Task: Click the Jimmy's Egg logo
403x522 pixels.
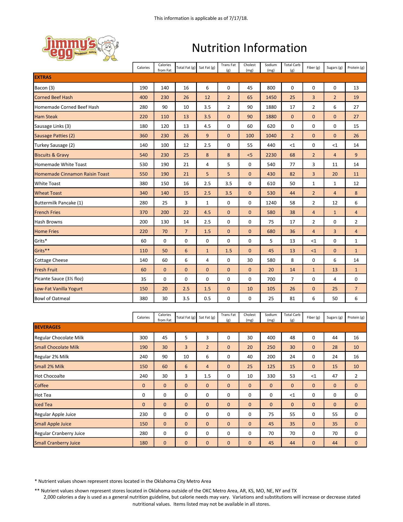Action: tap(80, 48)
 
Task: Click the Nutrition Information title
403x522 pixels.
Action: tap(249, 48)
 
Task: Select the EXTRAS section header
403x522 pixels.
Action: tap(43, 77)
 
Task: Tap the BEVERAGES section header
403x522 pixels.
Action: tap(48, 327)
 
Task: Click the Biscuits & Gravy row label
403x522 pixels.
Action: tap(52, 155)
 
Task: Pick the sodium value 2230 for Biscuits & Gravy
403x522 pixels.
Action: tap(271, 155)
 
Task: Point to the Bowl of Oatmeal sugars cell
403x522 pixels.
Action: tap(335, 299)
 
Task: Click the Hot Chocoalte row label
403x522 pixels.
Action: tap(50, 376)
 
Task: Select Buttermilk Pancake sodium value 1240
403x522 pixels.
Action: tap(271, 203)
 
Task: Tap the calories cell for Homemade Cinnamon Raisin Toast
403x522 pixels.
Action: tap(143, 174)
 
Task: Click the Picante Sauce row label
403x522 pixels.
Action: tap(59, 279)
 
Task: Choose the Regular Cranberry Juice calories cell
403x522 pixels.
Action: tap(143, 433)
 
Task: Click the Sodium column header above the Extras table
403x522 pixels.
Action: tap(271, 67)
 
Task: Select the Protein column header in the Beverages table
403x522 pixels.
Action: tap(356, 317)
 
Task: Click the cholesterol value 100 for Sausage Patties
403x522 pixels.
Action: tap(250, 136)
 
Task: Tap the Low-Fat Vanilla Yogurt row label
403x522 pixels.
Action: tap(58, 289)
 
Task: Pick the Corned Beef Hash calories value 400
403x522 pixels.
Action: tap(143, 97)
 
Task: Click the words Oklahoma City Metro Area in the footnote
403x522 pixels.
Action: tap(182, 481)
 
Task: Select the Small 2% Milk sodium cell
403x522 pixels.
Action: tap(271, 366)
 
